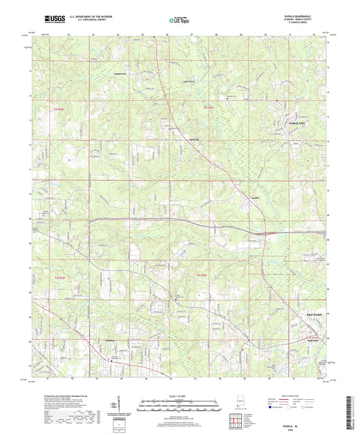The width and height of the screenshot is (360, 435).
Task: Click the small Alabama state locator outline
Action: pos(238,400)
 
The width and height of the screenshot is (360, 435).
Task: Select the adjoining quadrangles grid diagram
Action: pos(237,419)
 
